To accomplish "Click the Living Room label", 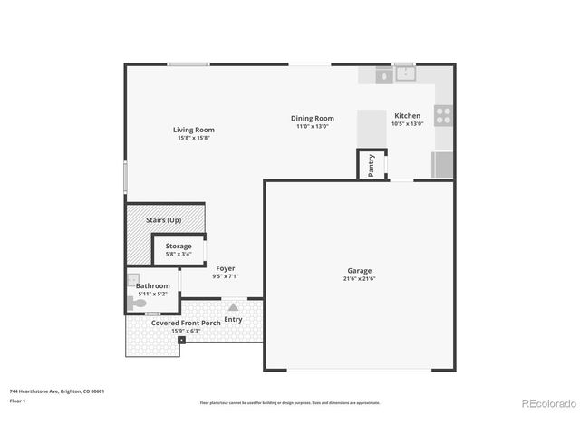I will (x=194, y=130).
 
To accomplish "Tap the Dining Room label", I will (x=313, y=118).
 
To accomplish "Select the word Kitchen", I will (x=407, y=116).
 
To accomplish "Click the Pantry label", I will (x=372, y=166).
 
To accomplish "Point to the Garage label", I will (x=360, y=270).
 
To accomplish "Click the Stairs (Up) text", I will (x=164, y=220).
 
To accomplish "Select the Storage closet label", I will (x=178, y=246).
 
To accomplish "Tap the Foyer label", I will (x=226, y=267).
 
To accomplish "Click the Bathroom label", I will (x=153, y=286).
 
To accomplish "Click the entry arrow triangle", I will (x=233, y=308).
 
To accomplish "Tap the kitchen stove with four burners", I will (x=443, y=115).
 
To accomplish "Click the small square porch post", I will (x=181, y=340).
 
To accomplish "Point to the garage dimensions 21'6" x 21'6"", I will (x=360, y=278).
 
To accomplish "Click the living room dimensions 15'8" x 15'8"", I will (x=194, y=138).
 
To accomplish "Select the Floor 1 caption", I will (x=17, y=400).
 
